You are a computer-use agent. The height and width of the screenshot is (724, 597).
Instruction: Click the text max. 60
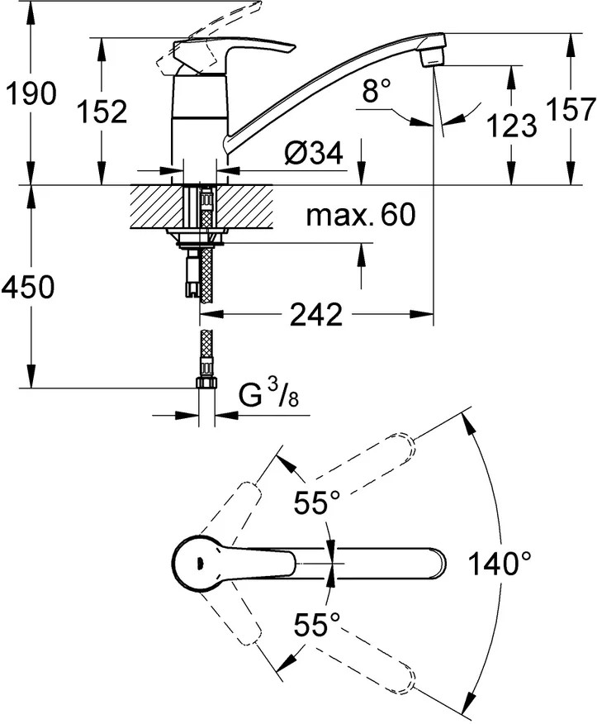click(x=360, y=217)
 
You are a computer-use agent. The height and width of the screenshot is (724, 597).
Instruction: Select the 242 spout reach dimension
click(x=316, y=314)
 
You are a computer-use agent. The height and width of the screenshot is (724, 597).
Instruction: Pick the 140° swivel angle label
click(x=500, y=564)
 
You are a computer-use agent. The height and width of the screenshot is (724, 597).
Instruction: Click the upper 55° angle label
click(x=318, y=502)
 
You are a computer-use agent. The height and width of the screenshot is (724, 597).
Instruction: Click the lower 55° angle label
click(x=318, y=625)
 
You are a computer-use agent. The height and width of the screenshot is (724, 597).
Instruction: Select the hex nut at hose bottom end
click(x=206, y=383)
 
